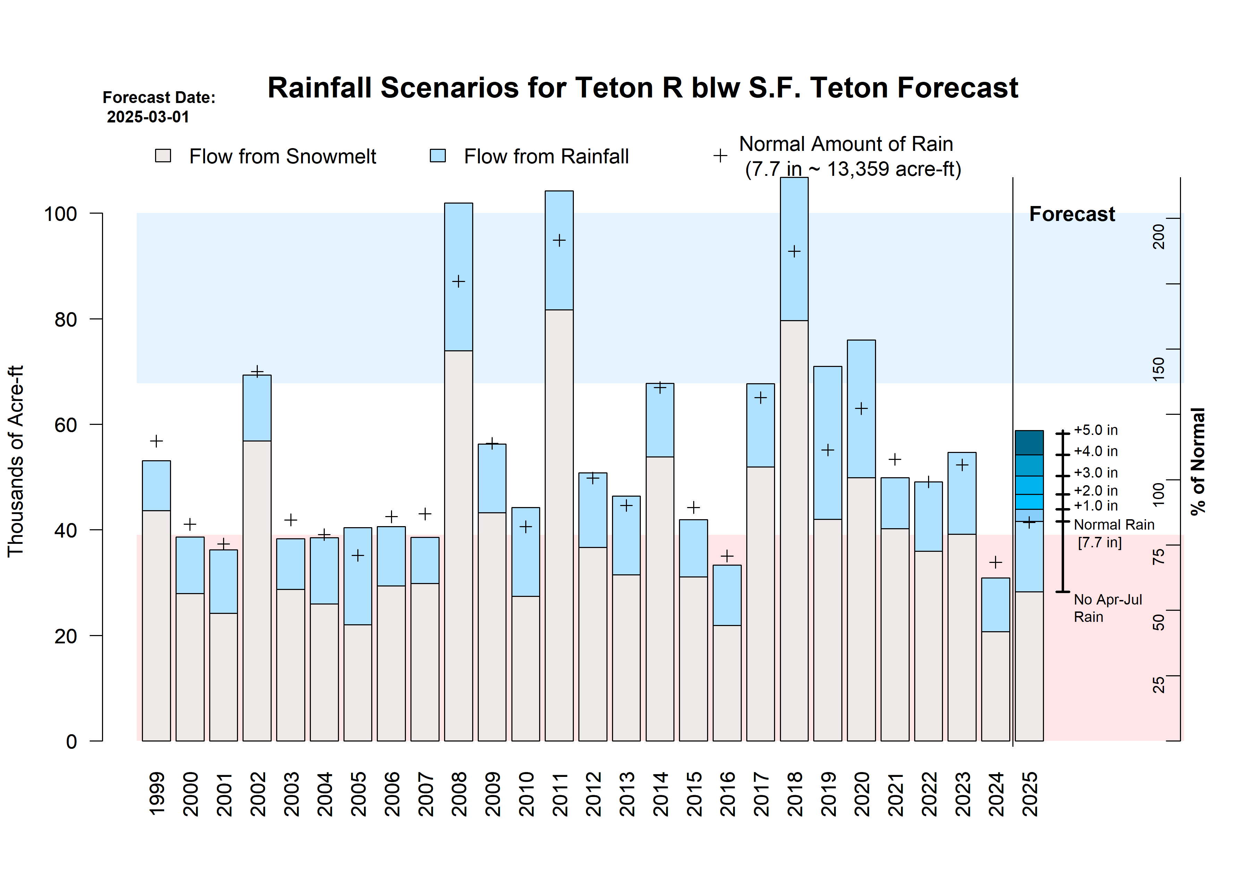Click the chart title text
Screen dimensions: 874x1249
coord(643,88)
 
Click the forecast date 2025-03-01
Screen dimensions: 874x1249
coord(148,117)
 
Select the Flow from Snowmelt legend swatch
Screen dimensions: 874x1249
coord(163,156)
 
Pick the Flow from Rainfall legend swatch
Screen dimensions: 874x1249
coord(437,156)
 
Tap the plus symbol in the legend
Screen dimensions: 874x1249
coord(720,156)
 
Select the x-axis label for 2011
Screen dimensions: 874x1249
coord(560,794)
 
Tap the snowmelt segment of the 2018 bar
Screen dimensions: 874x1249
coord(794,530)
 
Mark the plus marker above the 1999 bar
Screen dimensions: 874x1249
coord(156,441)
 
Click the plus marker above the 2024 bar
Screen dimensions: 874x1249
coord(995,562)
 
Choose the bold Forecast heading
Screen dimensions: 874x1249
coord(1072,214)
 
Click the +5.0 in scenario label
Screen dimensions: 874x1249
coord(1096,430)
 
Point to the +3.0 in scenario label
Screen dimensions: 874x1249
coord(1096,473)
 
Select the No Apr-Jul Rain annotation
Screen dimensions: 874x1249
coord(1107,608)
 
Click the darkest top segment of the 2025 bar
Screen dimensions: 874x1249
coord(1029,443)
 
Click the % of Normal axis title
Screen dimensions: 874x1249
coord(1198,461)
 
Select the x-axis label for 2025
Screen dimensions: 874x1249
coord(1030,794)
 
